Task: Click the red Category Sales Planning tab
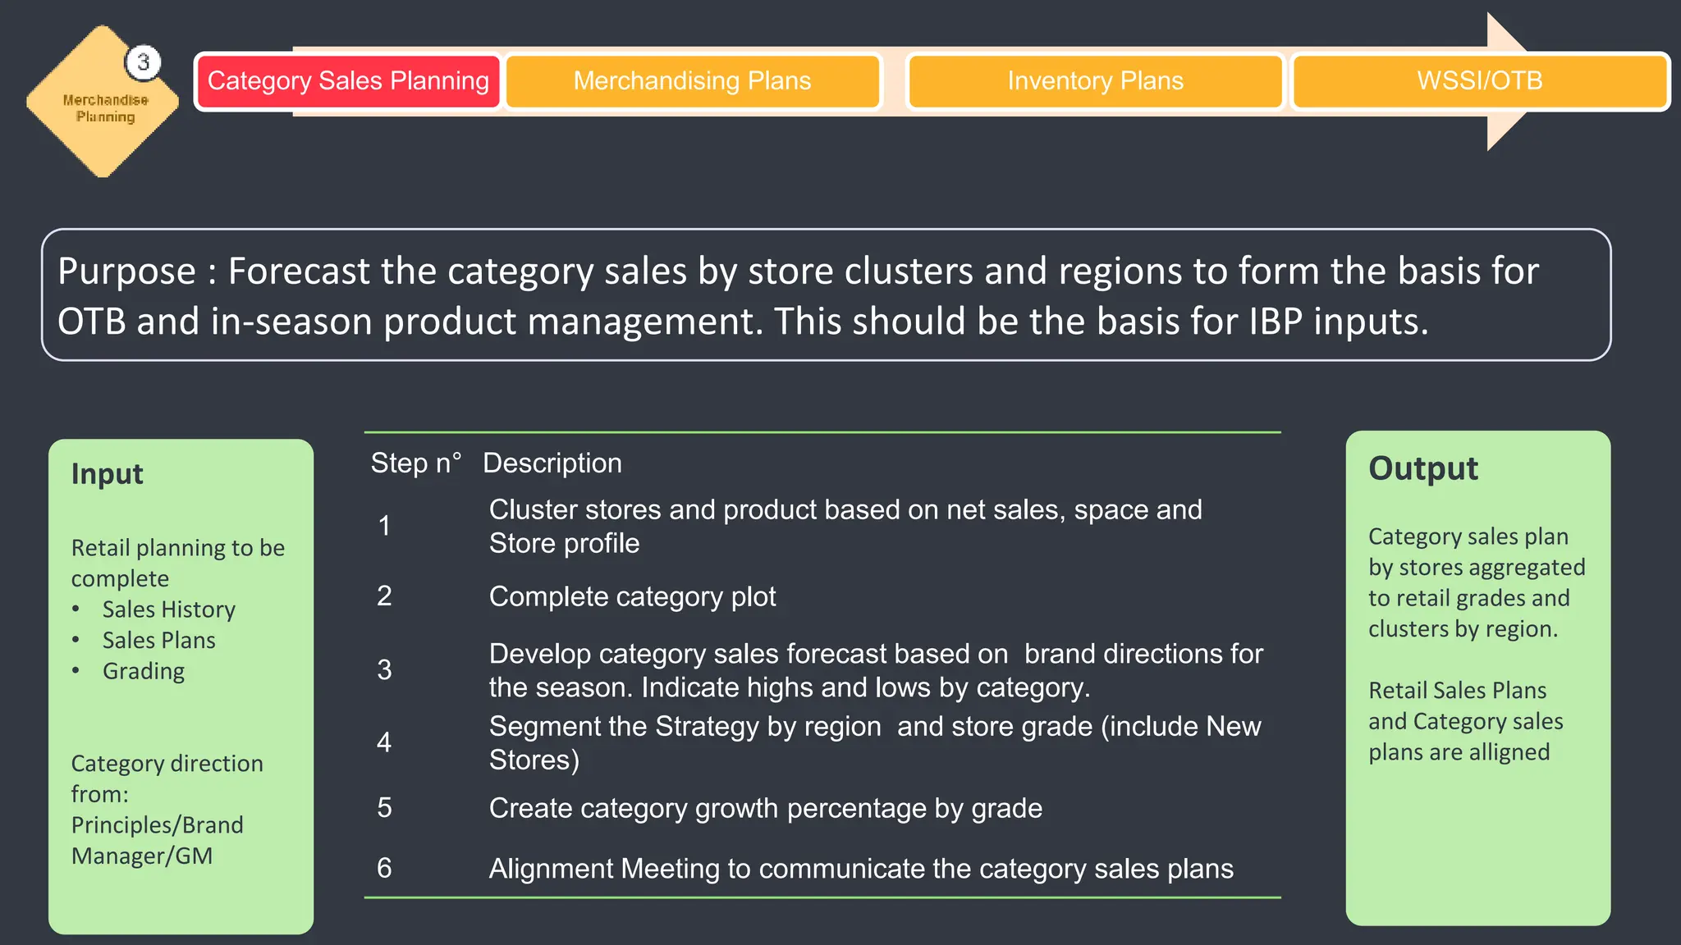pyautogui.click(x=348, y=81)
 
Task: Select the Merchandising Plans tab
pyautogui.click(x=692, y=81)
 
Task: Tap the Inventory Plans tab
pyautogui.click(x=1095, y=81)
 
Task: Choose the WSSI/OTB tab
pyautogui.click(x=1479, y=81)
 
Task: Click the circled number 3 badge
pyautogui.click(x=144, y=62)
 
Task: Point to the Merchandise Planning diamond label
pyautogui.click(x=106, y=108)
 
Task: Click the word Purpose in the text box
pyautogui.click(x=127, y=272)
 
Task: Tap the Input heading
pyautogui.click(x=107, y=474)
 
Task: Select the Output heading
pyautogui.click(x=1422, y=468)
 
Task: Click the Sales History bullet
pyautogui.click(x=168, y=609)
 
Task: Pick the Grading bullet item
pyautogui.click(x=144, y=671)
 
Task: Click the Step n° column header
pyautogui.click(x=415, y=463)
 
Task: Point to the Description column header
pyautogui.click(x=552, y=463)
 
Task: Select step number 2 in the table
pyautogui.click(x=384, y=596)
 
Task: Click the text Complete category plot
pyautogui.click(x=632, y=597)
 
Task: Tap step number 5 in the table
pyautogui.click(x=384, y=808)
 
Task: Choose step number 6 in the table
pyautogui.click(x=384, y=869)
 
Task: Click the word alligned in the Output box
pyautogui.click(x=1509, y=752)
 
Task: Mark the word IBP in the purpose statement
pyautogui.click(x=1276, y=322)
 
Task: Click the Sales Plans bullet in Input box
pyautogui.click(x=158, y=641)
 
